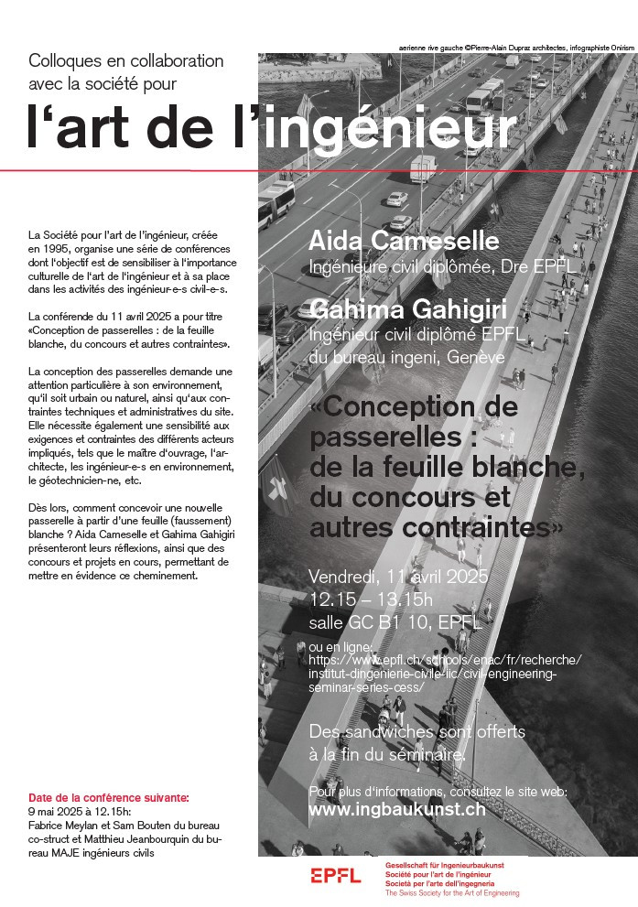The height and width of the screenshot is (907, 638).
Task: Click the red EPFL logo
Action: tap(336, 876)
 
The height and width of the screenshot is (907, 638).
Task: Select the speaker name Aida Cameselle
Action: tap(404, 242)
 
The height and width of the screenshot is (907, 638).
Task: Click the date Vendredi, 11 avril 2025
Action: tap(399, 578)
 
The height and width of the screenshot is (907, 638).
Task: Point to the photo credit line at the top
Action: tap(516, 45)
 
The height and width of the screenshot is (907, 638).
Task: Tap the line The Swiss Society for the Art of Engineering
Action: tap(452, 892)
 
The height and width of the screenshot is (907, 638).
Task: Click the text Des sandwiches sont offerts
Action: tap(417, 732)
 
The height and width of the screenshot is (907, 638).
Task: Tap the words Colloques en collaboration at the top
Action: tap(126, 61)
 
